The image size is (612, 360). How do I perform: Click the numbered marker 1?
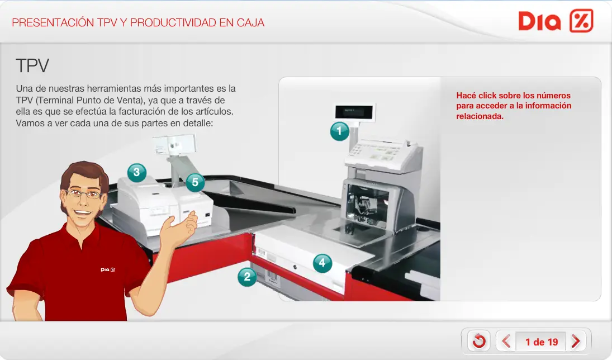tap(339, 131)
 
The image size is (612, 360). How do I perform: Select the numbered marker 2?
tap(247, 277)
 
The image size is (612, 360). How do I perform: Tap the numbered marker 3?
tap(137, 173)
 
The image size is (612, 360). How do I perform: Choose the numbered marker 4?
tap(322, 263)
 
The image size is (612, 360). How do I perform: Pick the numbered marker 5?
tap(195, 182)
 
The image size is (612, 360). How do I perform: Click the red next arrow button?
tap(575, 341)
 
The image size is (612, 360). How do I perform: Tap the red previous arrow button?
tap(506, 341)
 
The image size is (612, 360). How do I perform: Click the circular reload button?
tap(479, 341)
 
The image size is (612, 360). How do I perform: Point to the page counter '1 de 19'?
tap(541, 342)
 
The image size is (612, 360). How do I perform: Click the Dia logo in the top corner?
tap(555, 21)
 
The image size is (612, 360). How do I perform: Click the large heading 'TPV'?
tap(32, 66)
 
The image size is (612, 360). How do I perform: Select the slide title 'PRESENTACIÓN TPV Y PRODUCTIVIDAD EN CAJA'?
tap(138, 23)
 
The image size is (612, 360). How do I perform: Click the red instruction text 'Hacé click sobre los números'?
tap(513, 96)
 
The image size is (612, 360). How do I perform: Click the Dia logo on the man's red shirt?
tap(107, 269)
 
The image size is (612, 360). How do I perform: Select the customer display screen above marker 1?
tap(355, 112)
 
